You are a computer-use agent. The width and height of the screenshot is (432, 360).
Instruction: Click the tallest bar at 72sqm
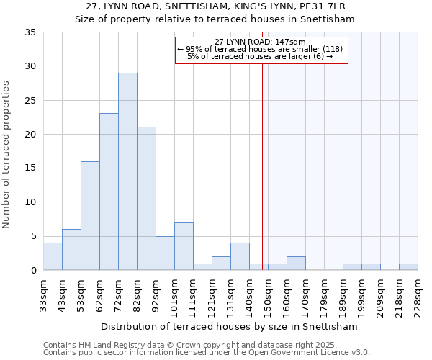click(127, 171)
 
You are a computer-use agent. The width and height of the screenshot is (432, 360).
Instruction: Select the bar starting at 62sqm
click(109, 192)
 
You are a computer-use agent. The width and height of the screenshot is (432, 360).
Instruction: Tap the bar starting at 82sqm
click(146, 199)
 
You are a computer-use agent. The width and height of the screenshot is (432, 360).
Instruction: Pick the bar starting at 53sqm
click(90, 216)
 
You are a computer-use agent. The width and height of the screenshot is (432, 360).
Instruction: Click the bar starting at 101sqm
click(184, 246)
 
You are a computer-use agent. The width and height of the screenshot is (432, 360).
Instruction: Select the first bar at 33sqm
click(53, 256)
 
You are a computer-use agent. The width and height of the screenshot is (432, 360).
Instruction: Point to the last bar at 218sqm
click(408, 266)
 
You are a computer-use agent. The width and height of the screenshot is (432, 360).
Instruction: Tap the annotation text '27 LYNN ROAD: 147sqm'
click(261, 42)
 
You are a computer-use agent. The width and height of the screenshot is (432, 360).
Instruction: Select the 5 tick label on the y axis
click(33, 237)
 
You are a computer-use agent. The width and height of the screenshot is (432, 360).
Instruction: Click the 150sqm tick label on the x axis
click(268, 295)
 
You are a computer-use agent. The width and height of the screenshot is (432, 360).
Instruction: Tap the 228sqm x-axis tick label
click(418, 295)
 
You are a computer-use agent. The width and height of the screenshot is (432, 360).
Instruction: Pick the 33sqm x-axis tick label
click(43, 295)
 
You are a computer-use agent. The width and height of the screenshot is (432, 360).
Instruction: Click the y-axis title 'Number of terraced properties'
click(6, 155)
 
